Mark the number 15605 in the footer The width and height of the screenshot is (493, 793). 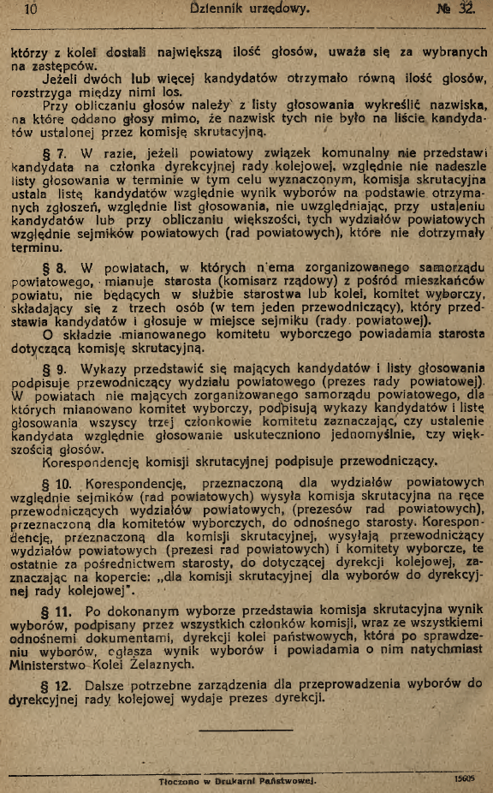coord(467,779)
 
